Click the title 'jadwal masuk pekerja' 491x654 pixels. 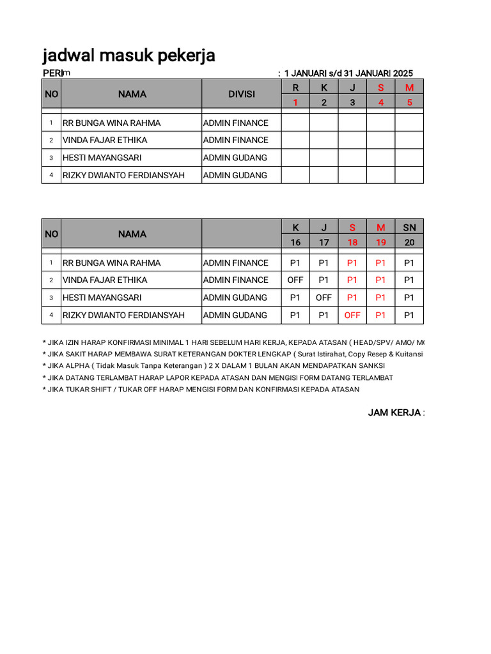[129, 56]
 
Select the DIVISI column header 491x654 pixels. [242, 94]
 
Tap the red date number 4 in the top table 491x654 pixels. [381, 102]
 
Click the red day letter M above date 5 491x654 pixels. [409, 87]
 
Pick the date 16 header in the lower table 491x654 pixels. [295, 242]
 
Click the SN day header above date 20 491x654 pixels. [409, 227]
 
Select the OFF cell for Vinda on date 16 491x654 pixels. [295, 280]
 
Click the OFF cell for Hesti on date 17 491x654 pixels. [323, 298]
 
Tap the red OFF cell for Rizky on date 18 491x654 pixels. [352, 315]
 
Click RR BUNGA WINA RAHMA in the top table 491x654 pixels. [111, 123]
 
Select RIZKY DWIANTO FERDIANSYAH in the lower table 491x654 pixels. [123, 315]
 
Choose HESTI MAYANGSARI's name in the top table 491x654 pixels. [102, 158]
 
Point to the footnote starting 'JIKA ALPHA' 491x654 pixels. [214, 366]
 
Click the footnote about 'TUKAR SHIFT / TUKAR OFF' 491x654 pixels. [201, 389]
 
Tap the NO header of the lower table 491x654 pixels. [51, 234]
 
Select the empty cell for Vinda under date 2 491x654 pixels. [324, 140]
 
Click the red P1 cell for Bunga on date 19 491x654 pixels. [381, 262]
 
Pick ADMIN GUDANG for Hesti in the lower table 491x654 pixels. [235, 298]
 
